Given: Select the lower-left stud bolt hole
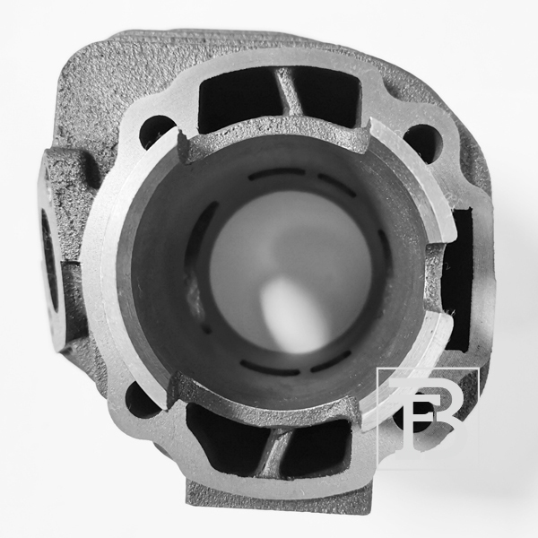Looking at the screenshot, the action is (x=142, y=400).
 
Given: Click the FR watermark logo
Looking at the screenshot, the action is (x=428, y=416).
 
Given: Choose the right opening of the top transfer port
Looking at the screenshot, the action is (x=326, y=96).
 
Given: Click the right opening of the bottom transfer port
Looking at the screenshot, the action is (x=317, y=446).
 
